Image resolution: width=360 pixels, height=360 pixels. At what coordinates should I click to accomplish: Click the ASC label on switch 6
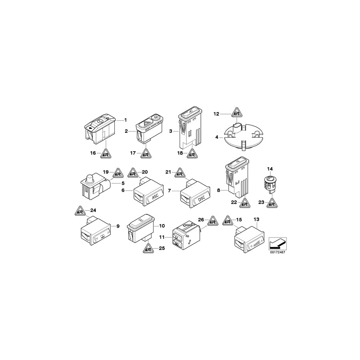pyautogui.click(x=155, y=196)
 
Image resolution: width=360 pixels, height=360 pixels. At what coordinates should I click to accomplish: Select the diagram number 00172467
pyautogui.click(x=278, y=252)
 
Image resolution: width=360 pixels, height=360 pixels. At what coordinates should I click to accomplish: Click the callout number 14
pyautogui.click(x=270, y=169)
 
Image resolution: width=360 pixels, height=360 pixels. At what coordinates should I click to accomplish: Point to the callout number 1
pyautogui.click(x=125, y=120)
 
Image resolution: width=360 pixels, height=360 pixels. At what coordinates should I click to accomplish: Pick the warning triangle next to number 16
pyautogui.click(x=105, y=153)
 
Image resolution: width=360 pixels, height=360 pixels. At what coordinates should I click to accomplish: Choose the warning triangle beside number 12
pyautogui.click(x=236, y=112)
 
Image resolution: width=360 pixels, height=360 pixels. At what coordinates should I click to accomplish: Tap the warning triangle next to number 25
pyautogui.click(x=148, y=248)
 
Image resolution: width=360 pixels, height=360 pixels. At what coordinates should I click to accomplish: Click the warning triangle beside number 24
pyautogui.click(x=80, y=211)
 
